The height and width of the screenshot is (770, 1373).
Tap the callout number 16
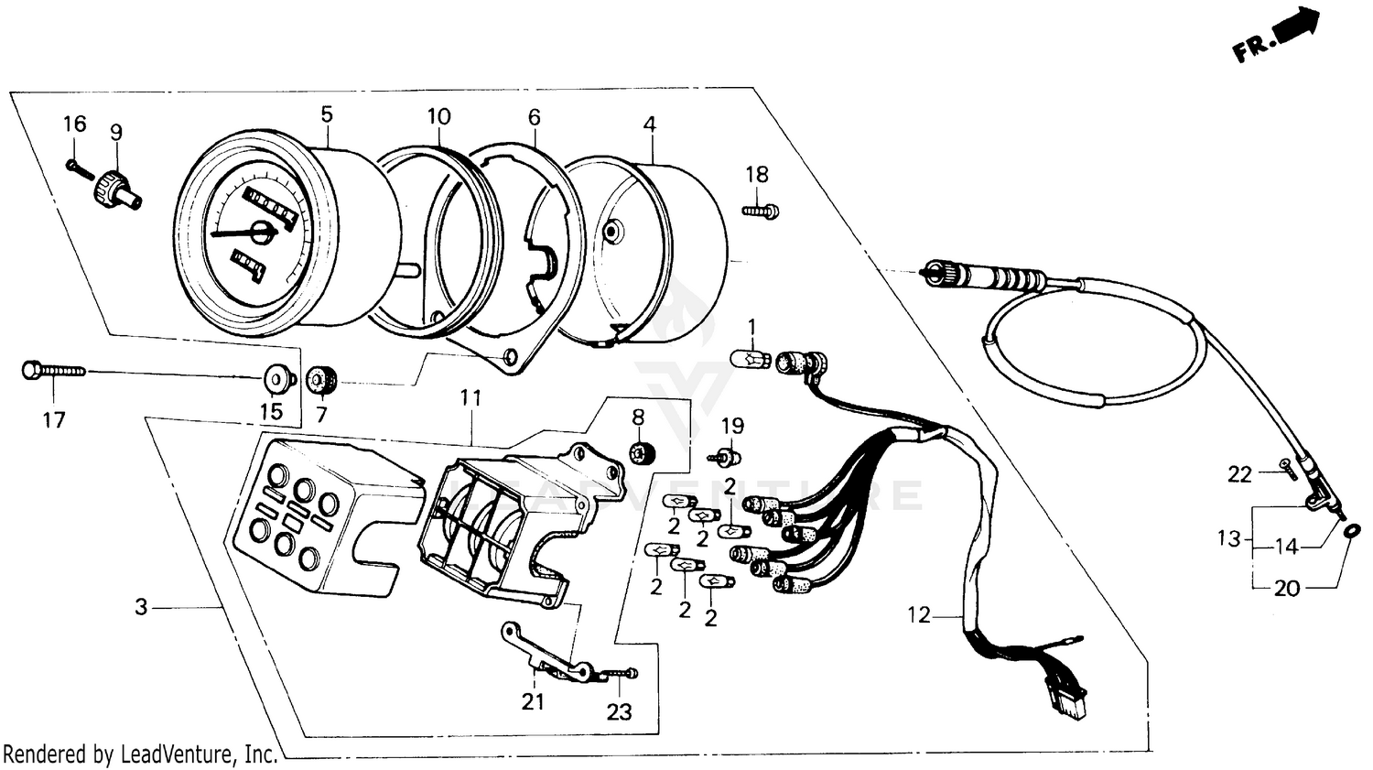coord(74,124)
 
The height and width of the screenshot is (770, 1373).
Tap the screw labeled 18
coord(761,211)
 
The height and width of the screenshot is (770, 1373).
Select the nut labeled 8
coord(640,450)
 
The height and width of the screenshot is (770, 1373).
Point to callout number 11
coord(470,397)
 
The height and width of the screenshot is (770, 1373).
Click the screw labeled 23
coord(624,676)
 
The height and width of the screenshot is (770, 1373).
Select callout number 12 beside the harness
coord(919,616)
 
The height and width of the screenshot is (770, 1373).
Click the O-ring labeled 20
coord(1353,531)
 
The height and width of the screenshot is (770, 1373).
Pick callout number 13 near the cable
coord(1227,538)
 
